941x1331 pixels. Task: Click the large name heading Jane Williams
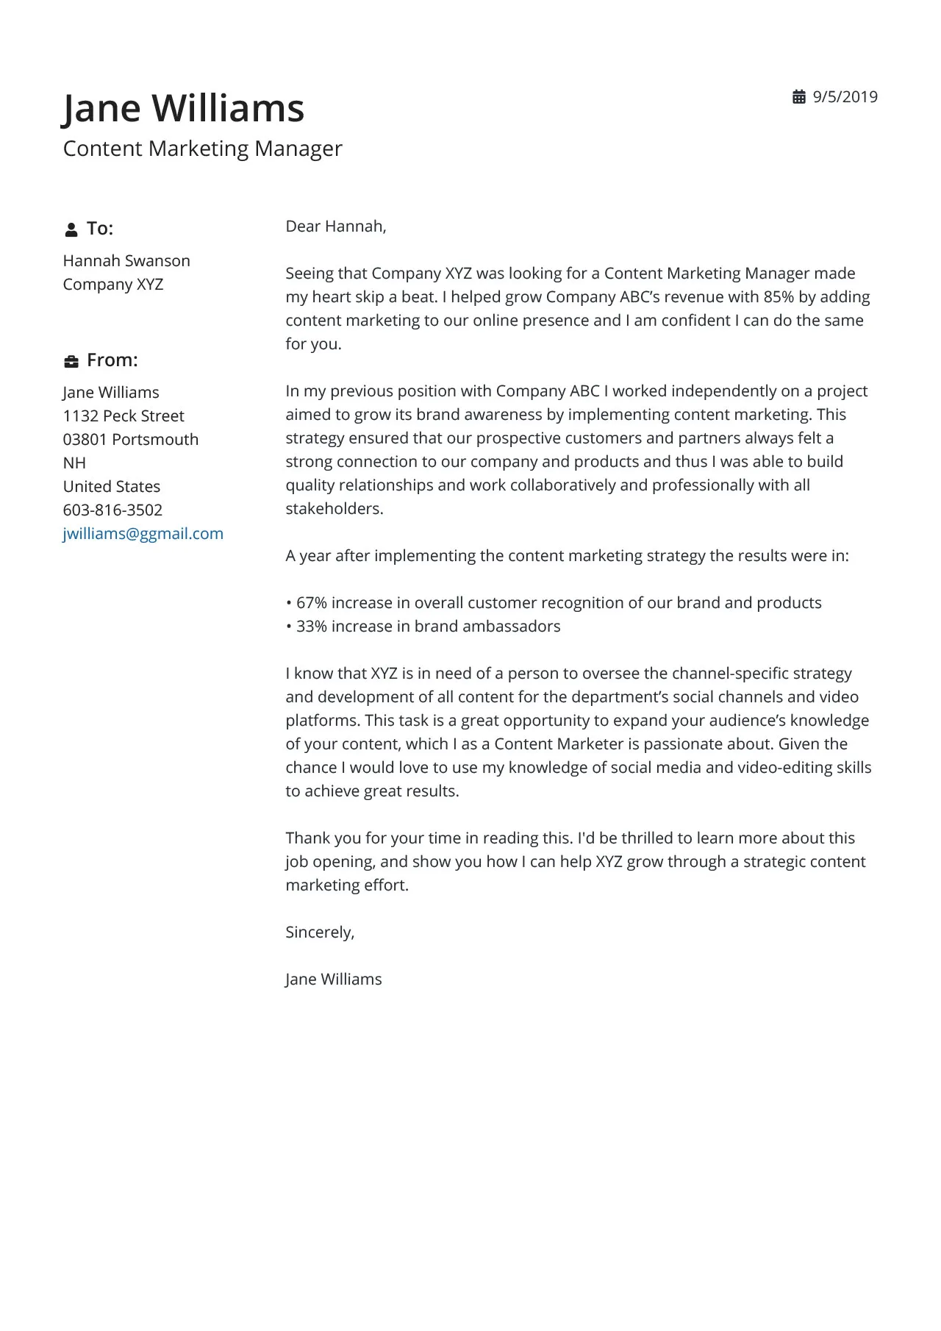183,108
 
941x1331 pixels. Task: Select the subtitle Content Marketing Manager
202,149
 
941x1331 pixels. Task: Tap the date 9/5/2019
845,97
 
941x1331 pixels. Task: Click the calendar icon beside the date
799,97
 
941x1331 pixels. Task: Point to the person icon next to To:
71,229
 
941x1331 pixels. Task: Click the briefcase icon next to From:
71,361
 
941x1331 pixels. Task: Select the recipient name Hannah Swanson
126,261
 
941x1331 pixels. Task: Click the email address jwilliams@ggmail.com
143,534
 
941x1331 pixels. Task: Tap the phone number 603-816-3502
112,510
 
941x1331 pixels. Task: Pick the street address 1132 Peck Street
124,416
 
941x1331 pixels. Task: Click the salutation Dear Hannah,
336,226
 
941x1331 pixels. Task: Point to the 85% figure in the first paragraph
779,297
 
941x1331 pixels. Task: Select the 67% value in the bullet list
312,603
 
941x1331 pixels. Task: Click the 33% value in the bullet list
312,627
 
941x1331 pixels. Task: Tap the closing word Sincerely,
320,932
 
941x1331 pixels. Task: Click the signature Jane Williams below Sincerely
334,979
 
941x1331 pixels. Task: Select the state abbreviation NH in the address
74,463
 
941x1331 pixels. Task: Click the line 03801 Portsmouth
131,440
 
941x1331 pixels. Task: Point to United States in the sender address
112,487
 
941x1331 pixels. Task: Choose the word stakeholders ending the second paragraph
333,509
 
